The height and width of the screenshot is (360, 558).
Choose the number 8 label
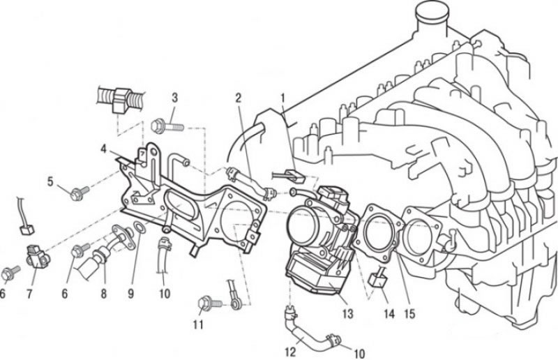[103, 294]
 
